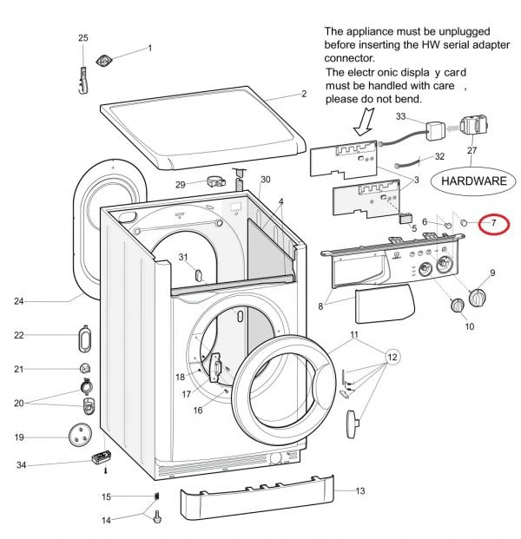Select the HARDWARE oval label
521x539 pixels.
[474, 181]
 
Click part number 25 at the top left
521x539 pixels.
[83, 38]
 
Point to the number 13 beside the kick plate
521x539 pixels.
[359, 491]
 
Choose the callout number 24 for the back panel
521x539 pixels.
[18, 302]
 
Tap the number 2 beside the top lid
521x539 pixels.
[304, 94]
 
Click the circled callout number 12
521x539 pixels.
[392, 358]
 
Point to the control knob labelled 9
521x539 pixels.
[477, 298]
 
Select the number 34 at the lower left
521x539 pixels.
[22, 466]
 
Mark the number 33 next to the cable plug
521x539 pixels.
[401, 116]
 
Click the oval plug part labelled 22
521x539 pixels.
[86, 335]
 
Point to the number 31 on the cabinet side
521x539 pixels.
[183, 257]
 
